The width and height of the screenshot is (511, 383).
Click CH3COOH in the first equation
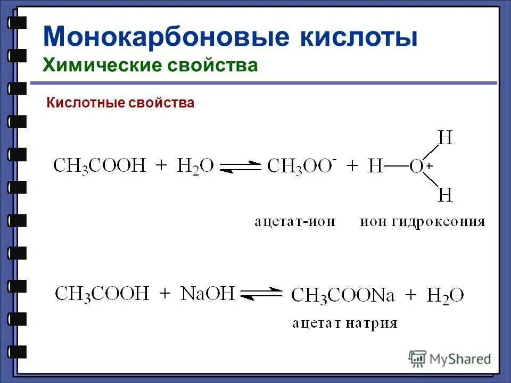coord(100,166)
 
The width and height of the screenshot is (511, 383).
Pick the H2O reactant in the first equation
coord(195,166)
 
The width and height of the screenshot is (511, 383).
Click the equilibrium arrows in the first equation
coord(241,166)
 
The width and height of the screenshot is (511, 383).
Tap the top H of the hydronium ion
coord(445,138)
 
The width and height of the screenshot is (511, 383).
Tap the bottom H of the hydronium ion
coord(445,195)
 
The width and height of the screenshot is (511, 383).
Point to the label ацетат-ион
coord(294,222)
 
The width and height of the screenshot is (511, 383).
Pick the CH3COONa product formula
coord(343,295)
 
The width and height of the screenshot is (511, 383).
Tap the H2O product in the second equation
coord(445,295)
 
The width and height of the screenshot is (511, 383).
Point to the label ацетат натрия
coord(344,323)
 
